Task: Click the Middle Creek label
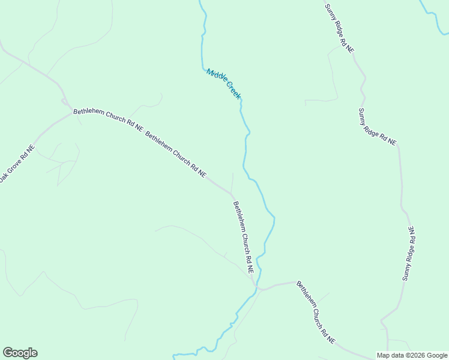[x=223, y=84]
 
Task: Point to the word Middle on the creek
[x=216, y=77]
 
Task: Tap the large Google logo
[x=20, y=353]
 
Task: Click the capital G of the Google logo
[x=7, y=353]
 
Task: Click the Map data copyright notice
[x=412, y=355]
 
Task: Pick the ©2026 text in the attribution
[x=414, y=355]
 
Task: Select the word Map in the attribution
[x=383, y=355]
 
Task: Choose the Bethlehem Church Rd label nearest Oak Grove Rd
[x=109, y=120]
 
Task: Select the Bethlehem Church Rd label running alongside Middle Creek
[x=243, y=237]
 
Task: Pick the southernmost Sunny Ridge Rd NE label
[x=409, y=253]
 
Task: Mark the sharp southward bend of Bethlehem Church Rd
[x=233, y=196]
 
